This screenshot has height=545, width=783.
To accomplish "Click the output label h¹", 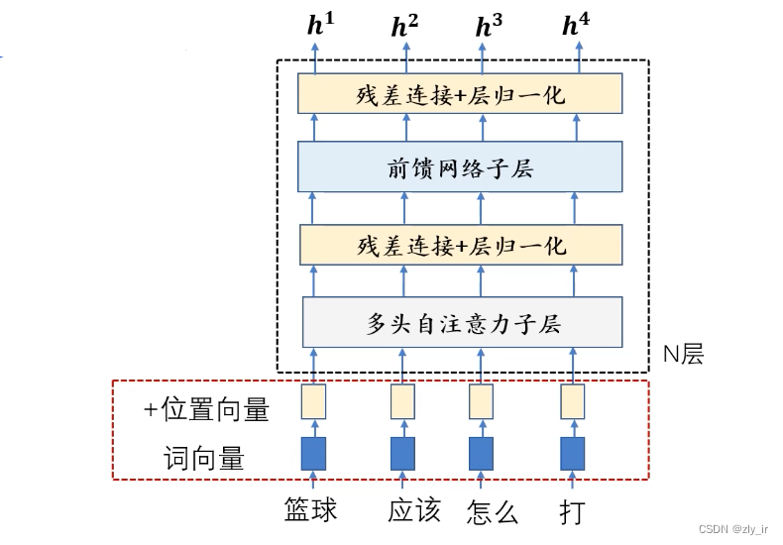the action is pos(320,24).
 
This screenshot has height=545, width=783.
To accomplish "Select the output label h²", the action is pos(404,26).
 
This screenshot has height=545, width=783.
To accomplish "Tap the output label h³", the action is pos(489,26).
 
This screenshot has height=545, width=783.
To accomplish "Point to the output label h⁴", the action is pos(576,24).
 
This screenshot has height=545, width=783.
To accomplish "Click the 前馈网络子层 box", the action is pos(460,166).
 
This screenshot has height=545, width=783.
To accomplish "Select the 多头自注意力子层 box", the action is pos(463,322).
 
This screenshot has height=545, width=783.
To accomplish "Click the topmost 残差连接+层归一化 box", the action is pos(460,93).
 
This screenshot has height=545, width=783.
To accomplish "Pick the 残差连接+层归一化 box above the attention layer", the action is pos(461,245).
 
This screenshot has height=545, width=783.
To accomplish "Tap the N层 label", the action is pos(683,355).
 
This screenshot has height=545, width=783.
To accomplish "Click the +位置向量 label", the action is pos(207,409).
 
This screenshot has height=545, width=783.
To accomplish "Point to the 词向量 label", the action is pos(204,458).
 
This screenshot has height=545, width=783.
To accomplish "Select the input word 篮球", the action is pos(310,510).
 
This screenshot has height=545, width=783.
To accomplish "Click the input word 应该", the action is pos(414,510).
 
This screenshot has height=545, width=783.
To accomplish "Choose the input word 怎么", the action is pos(493,511).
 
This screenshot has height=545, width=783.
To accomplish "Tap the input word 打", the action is pos(572,511).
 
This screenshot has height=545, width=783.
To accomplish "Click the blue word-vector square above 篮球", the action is pos(313,454).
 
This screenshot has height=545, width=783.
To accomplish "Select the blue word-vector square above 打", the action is pos(572,454).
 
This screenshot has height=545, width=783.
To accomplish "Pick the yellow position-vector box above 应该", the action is pos(402,401).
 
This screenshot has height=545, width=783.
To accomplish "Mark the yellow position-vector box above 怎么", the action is pos(481,401).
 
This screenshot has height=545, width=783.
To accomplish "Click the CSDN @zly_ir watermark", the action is pos(733,529).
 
